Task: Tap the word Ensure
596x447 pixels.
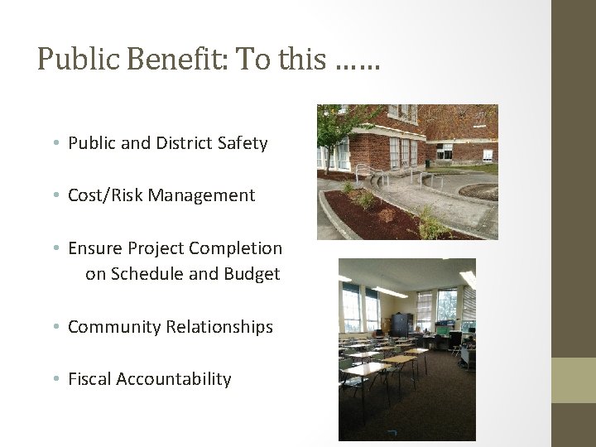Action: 95,248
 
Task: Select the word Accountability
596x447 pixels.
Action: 174,379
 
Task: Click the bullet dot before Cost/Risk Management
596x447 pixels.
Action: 56,196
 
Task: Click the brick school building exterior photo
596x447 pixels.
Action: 407,171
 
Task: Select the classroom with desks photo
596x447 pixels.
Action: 406,348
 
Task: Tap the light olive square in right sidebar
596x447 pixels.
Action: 574,380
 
